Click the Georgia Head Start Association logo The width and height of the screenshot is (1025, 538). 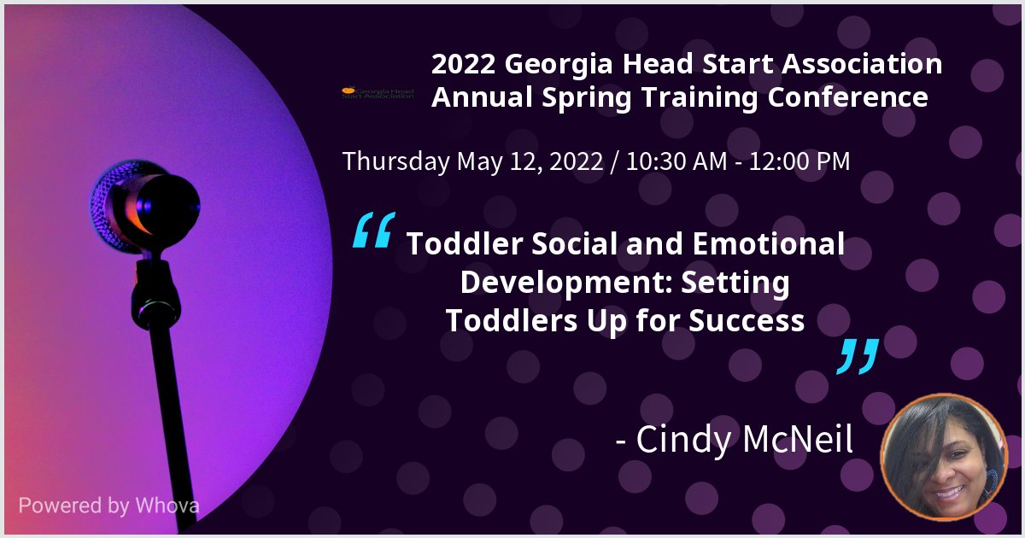tap(378, 92)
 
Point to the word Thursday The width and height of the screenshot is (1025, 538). tap(395, 161)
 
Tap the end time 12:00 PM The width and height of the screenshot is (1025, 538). tap(798, 161)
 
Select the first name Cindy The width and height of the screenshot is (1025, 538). tap(676, 441)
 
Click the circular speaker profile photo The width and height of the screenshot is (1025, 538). tap(945, 458)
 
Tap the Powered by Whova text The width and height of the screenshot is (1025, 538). tap(109, 506)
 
